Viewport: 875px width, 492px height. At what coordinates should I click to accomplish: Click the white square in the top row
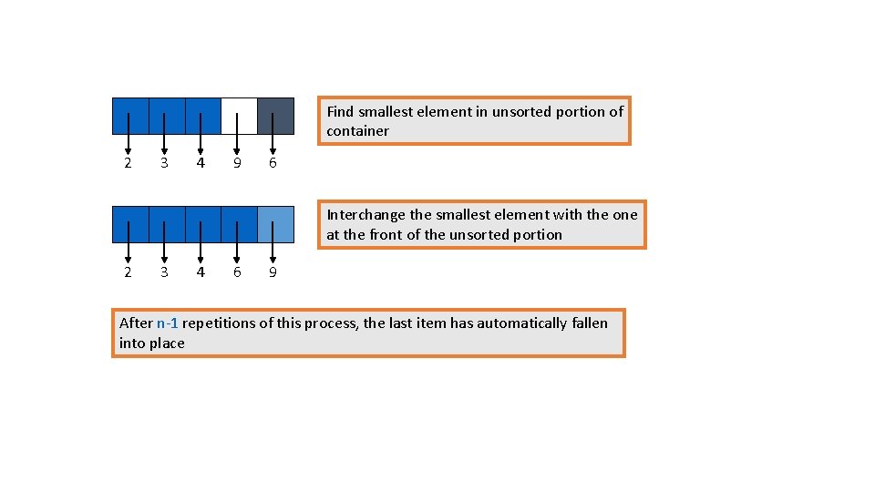(x=239, y=107)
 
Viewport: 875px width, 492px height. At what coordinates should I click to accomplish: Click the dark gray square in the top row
(x=275, y=107)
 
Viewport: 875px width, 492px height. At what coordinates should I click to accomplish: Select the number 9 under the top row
(x=237, y=164)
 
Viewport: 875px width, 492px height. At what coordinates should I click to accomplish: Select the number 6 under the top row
(x=273, y=164)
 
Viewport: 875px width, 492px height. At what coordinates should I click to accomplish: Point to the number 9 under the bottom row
(x=273, y=272)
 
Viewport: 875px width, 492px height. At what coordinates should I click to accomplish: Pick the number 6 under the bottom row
(x=237, y=272)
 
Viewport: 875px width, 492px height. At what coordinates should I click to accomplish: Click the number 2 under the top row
(x=128, y=164)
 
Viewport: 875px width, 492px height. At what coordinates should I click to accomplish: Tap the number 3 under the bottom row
(x=164, y=272)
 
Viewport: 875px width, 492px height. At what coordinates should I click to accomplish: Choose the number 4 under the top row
(x=201, y=164)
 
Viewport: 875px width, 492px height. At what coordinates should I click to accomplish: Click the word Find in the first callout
(x=340, y=112)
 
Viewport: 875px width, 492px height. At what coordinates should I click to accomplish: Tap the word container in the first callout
(x=357, y=131)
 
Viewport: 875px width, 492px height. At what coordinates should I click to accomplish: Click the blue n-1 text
(x=167, y=323)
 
